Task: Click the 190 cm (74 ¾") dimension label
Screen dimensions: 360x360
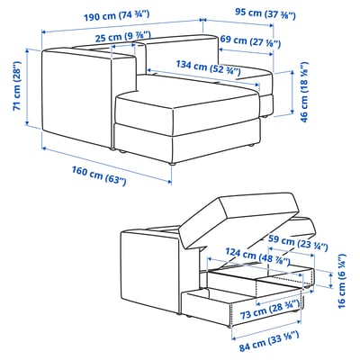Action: [116, 15]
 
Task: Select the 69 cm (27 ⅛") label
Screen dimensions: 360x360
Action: [250, 41]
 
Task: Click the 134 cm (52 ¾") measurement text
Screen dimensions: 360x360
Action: [208, 67]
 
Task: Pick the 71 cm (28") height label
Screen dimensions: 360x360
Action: [17, 86]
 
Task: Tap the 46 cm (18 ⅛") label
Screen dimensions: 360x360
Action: [303, 92]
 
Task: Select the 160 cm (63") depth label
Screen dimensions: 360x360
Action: [99, 175]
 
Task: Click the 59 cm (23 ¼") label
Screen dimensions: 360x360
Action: [298, 243]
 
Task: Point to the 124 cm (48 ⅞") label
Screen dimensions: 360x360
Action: [257, 256]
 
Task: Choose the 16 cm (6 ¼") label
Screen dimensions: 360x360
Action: [341, 281]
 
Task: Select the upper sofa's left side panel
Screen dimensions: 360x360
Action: [76, 97]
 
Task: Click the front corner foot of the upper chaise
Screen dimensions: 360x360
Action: [172, 163]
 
